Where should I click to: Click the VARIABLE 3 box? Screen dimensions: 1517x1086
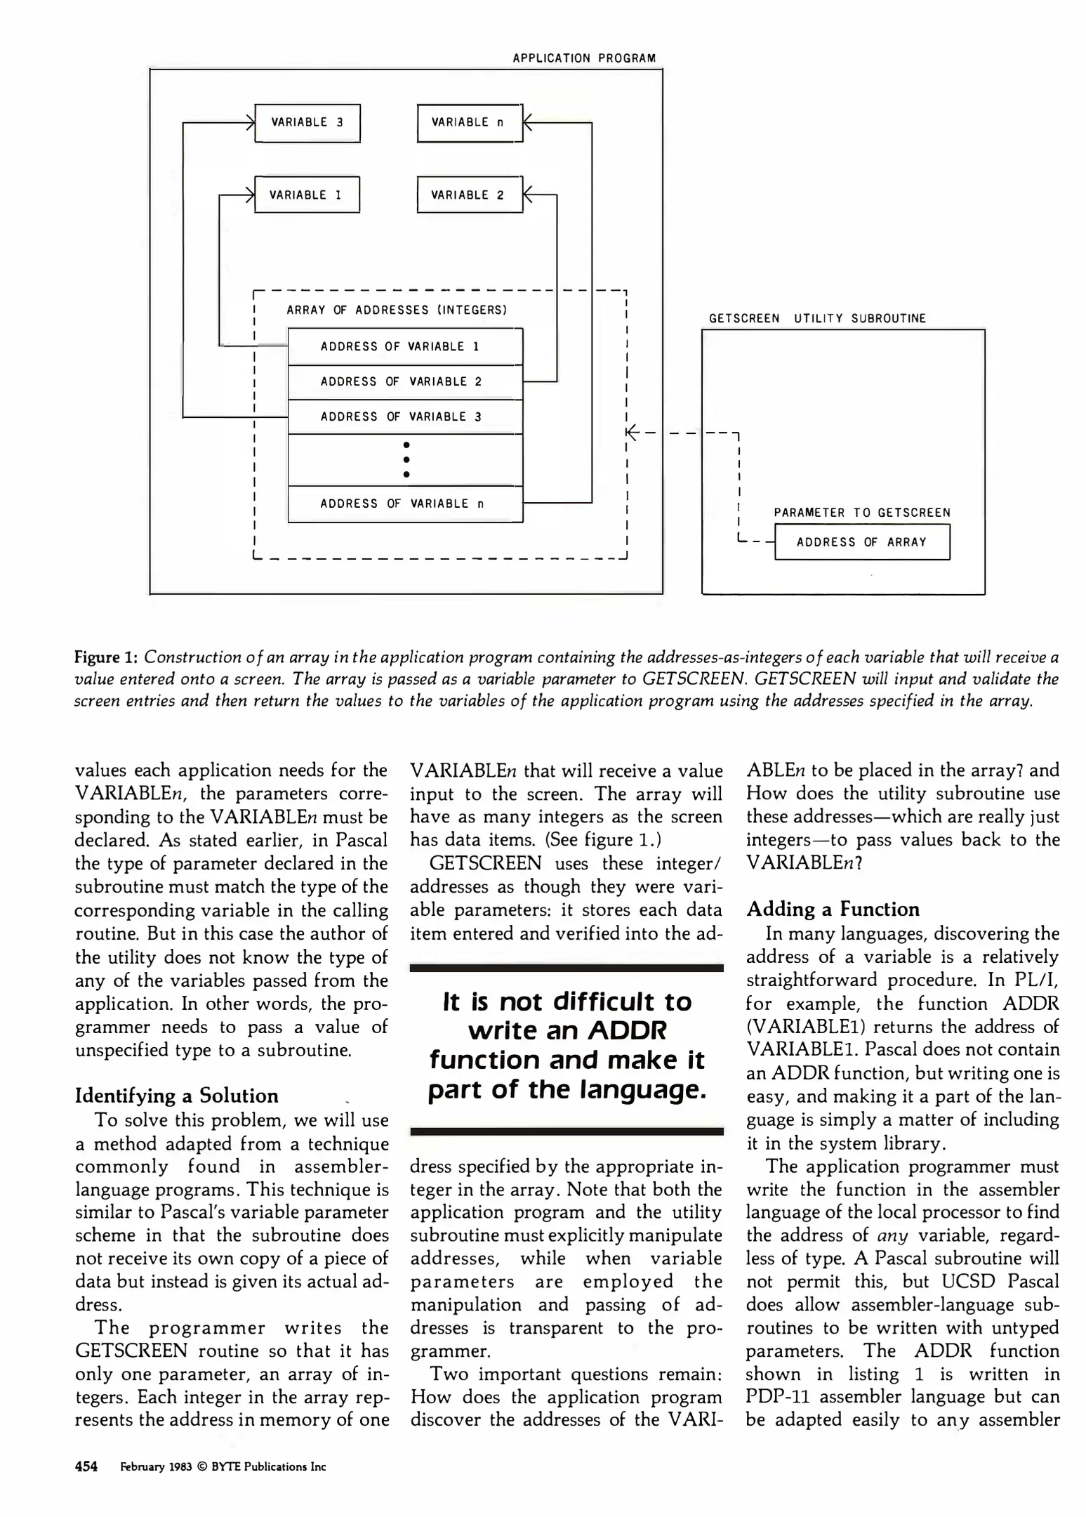[x=307, y=123]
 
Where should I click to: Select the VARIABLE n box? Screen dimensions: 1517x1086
[x=470, y=123]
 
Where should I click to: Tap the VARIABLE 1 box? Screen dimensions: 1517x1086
[x=307, y=195]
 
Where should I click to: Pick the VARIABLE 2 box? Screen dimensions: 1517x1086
[x=470, y=195]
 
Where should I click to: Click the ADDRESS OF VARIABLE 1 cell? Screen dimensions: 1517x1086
[x=405, y=347]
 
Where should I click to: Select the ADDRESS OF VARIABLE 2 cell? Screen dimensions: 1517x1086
[x=405, y=382]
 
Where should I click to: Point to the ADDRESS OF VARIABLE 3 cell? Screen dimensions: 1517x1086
[x=405, y=417]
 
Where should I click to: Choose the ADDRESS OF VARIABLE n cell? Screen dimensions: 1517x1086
[x=405, y=504]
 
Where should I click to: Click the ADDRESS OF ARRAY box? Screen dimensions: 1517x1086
[x=862, y=542]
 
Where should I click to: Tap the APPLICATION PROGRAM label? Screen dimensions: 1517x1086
[x=584, y=58]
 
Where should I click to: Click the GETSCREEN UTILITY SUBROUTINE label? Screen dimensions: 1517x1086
[x=817, y=318]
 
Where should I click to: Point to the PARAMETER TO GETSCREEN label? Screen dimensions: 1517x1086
[x=862, y=513]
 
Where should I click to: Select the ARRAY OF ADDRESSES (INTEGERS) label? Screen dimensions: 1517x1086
[x=397, y=310]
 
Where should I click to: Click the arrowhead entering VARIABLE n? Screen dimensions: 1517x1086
[x=529, y=123]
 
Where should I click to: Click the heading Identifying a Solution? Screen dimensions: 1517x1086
[x=176, y=1096]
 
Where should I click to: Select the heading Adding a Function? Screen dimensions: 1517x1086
[x=833, y=909]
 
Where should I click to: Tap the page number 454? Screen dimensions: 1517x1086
[x=86, y=1466]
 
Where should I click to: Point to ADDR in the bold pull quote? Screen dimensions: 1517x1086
[x=627, y=1030]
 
